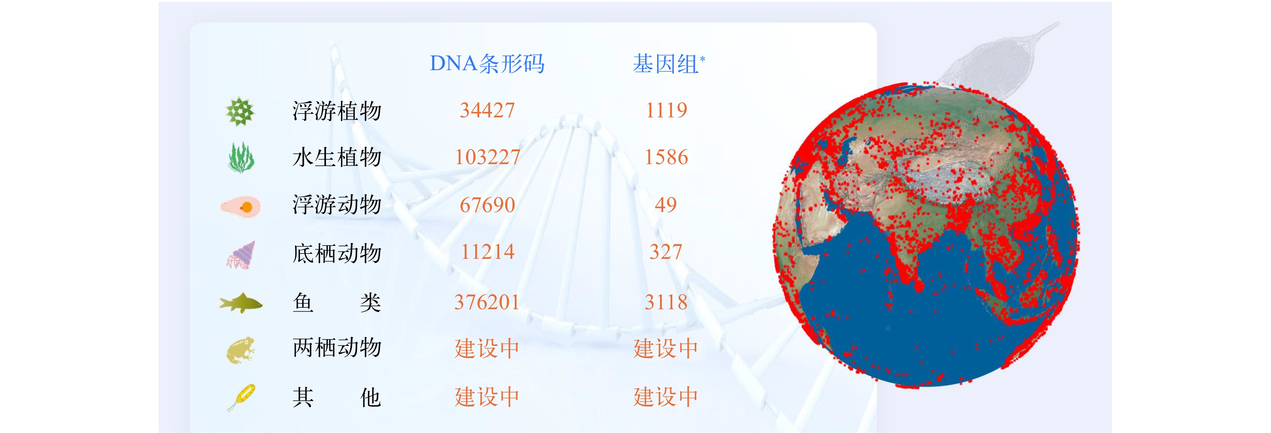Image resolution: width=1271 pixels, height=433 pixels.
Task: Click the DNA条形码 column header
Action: pyautogui.click(x=487, y=64)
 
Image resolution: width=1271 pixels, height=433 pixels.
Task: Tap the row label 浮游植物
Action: pyautogui.click(x=337, y=110)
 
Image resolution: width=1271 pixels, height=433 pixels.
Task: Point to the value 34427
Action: pyautogui.click(x=487, y=110)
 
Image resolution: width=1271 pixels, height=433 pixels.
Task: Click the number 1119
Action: pyautogui.click(x=666, y=110)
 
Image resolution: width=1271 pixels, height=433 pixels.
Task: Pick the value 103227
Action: pyautogui.click(x=487, y=157)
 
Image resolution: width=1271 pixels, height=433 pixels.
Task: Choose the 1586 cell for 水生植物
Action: pyautogui.click(x=666, y=157)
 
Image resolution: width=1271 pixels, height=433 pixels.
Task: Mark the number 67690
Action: pyautogui.click(x=487, y=205)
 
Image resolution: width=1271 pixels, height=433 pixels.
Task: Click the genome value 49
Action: pyautogui.click(x=666, y=205)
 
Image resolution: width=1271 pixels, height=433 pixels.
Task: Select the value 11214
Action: pyautogui.click(x=487, y=252)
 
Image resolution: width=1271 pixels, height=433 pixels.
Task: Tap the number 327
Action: pyautogui.click(x=666, y=252)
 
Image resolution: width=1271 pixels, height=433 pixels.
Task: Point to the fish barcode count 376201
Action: pyautogui.click(x=487, y=302)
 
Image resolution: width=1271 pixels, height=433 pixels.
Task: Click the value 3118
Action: pyautogui.click(x=666, y=302)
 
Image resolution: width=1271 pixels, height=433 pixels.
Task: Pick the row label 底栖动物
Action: pyautogui.click(x=337, y=253)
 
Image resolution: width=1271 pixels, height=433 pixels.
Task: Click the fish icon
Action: pyautogui.click(x=241, y=303)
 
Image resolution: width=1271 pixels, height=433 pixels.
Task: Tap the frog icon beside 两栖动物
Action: pyautogui.click(x=240, y=350)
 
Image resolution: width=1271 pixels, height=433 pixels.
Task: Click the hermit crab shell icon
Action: pyautogui.click(x=241, y=255)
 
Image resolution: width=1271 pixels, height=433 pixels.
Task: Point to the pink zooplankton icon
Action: pyautogui.click(x=240, y=206)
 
